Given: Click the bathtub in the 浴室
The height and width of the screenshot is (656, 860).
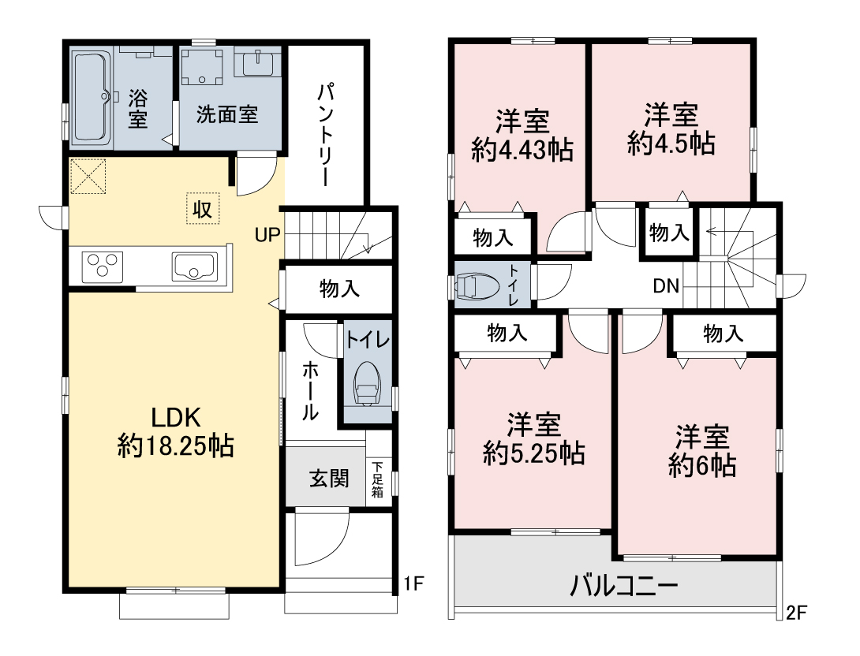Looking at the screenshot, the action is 92,98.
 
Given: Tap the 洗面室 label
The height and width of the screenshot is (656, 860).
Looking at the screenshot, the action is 227,114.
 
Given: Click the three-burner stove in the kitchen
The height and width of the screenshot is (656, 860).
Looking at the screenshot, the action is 103,267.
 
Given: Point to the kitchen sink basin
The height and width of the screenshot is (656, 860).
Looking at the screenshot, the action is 195,266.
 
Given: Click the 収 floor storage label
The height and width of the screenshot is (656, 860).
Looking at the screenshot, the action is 203,209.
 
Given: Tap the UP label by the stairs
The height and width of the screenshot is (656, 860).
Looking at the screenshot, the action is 267,235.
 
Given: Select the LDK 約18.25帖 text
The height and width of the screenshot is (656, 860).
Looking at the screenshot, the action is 176,432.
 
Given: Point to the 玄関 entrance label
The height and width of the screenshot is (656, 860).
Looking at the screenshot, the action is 329,479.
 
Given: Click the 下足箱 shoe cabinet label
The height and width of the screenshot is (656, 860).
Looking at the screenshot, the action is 378,479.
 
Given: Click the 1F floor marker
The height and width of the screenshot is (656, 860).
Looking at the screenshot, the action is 414,583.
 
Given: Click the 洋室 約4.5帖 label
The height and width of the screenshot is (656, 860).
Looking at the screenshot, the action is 671,129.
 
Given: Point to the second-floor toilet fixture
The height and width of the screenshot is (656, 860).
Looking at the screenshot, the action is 478,287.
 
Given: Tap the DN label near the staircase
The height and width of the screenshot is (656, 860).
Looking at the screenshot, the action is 667,285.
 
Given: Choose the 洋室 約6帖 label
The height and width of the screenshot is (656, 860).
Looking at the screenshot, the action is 702,451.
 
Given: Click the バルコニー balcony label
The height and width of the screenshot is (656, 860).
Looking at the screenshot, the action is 624,586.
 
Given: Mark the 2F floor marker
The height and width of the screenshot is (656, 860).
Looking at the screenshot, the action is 797,612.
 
